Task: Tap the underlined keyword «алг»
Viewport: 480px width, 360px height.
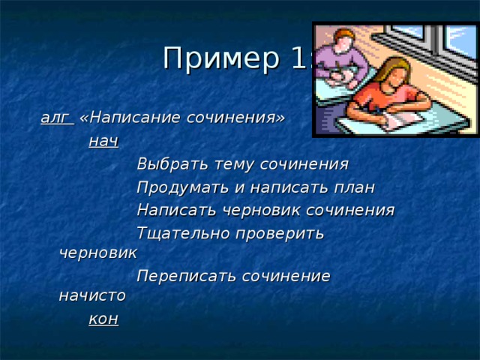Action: [55, 118]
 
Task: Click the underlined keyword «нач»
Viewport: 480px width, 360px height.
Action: [103, 141]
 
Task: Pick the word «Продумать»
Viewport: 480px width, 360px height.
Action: [179, 187]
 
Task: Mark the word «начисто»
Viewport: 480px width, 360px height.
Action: [92, 295]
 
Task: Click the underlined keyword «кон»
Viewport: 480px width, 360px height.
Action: [103, 319]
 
